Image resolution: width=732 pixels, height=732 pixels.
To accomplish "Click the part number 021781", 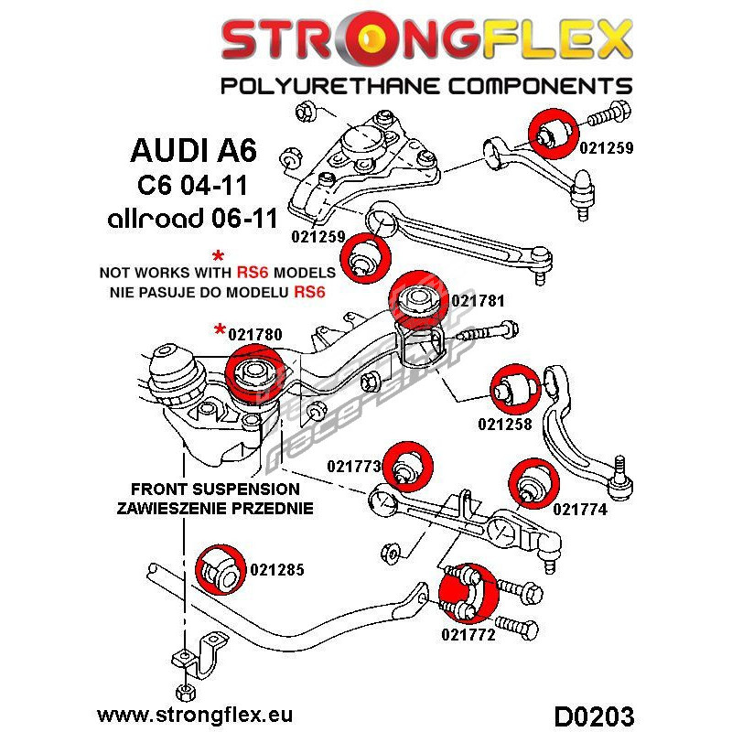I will pyautogui.click(x=479, y=300).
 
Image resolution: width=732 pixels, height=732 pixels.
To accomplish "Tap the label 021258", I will pyautogui.click(x=504, y=425).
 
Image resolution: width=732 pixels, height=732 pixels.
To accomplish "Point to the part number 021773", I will pyautogui.click(x=354, y=466).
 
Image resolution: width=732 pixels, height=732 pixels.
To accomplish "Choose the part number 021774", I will pyautogui.click(x=580, y=510).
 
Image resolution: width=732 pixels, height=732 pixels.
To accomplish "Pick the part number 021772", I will pyautogui.click(x=468, y=634).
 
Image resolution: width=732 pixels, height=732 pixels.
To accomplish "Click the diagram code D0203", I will pyautogui.click(x=594, y=713).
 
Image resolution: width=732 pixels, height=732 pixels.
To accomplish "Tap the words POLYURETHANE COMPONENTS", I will pyautogui.click(x=425, y=86).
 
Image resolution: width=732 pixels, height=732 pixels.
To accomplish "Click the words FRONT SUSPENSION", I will pyautogui.click(x=215, y=490).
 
